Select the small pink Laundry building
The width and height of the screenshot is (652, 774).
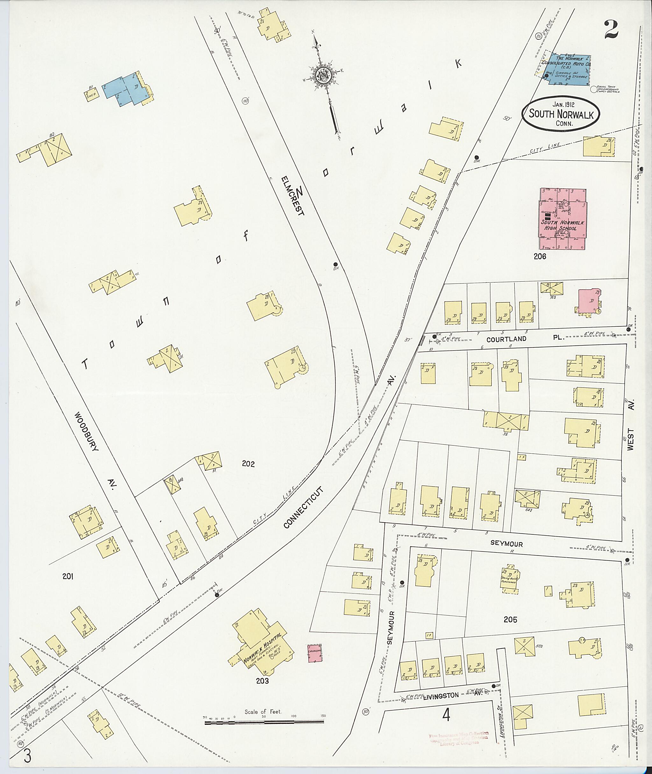pos(315,654)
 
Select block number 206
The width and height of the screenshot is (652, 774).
pos(540,256)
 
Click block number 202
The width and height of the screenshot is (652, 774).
pos(248,464)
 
